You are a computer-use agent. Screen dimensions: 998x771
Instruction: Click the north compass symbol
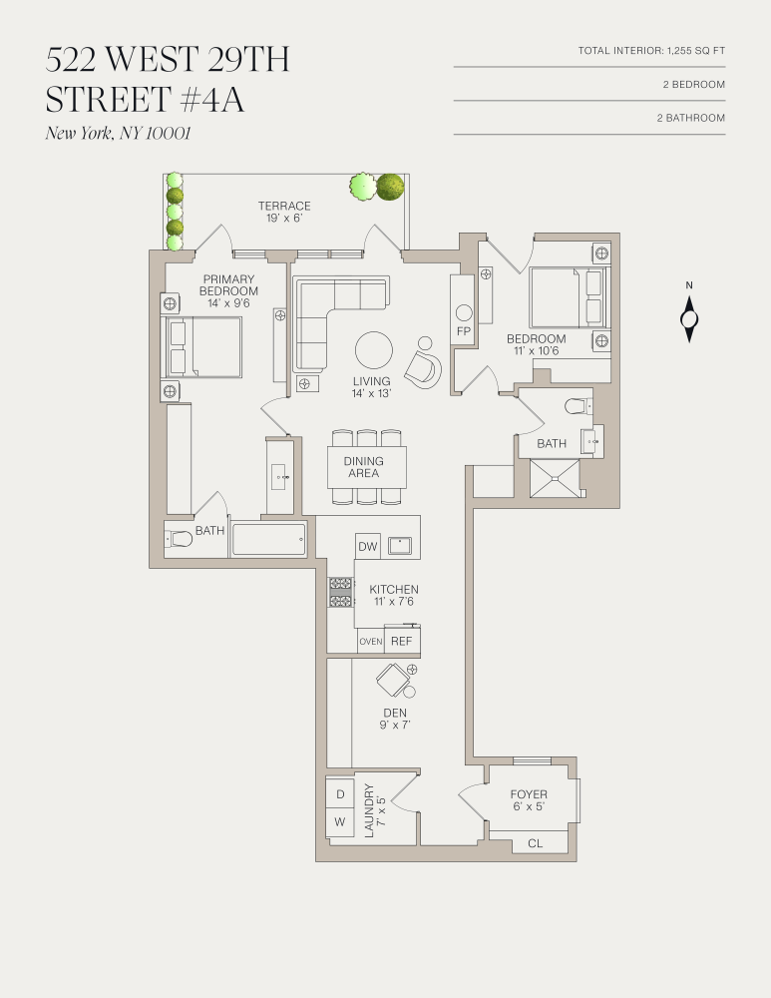pyautogui.click(x=688, y=319)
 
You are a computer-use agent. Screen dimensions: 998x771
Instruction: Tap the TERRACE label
pyautogui.click(x=284, y=207)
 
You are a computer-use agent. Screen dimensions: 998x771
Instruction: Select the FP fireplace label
pyautogui.click(x=463, y=330)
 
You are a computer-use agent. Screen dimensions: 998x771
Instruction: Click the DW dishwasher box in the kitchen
pyautogui.click(x=367, y=547)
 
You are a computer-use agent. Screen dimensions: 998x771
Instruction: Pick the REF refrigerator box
pyautogui.click(x=401, y=641)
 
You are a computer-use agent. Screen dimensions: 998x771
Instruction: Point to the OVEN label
pyautogui.click(x=370, y=642)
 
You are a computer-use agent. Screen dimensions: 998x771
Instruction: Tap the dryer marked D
pyautogui.click(x=340, y=793)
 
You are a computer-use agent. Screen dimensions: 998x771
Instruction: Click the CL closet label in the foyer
pyautogui.click(x=535, y=843)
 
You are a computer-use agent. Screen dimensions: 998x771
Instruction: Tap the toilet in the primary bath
pyautogui.click(x=180, y=539)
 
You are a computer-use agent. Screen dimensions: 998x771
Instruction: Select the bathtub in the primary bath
pyautogui.click(x=268, y=540)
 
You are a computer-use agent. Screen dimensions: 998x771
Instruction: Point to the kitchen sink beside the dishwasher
pyautogui.click(x=403, y=546)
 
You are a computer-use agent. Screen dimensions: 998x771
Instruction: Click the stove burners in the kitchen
pyautogui.click(x=341, y=592)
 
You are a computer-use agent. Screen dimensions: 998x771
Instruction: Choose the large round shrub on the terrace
pyautogui.click(x=389, y=187)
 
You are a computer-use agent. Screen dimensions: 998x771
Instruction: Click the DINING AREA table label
pyautogui.click(x=364, y=467)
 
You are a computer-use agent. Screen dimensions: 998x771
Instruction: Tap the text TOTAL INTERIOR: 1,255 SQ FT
pyautogui.click(x=651, y=51)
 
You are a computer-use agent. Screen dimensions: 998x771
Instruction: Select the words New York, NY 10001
pyautogui.click(x=118, y=134)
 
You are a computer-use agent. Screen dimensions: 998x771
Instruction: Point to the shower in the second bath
pyautogui.click(x=554, y=477)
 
